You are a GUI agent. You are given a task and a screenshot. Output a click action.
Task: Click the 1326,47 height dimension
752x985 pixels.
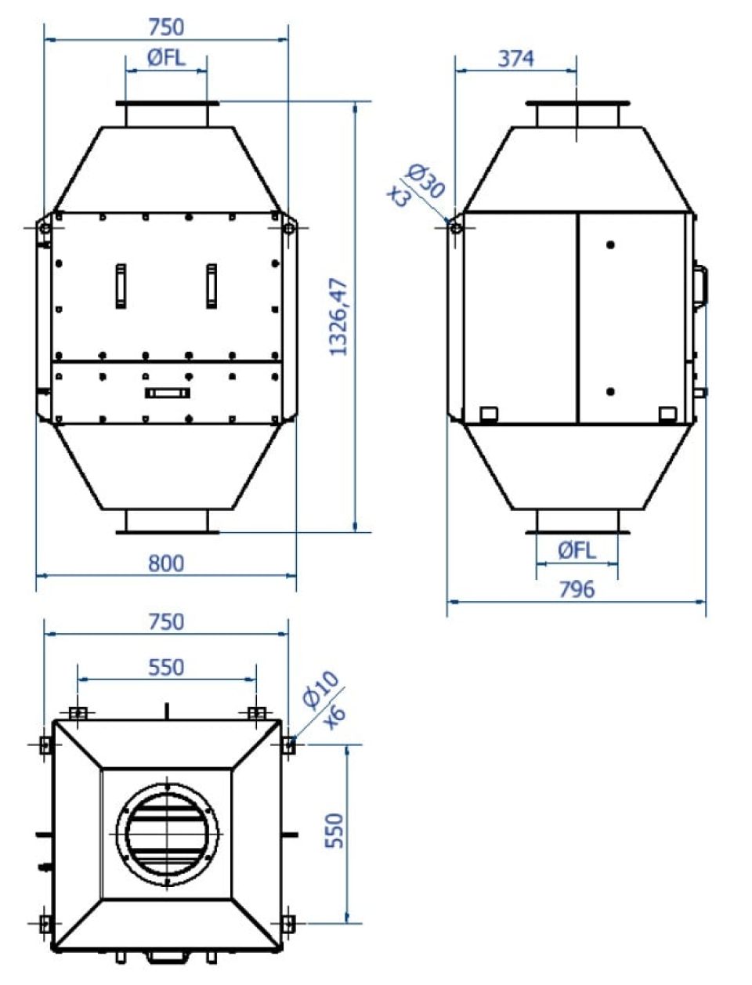click(338, 317)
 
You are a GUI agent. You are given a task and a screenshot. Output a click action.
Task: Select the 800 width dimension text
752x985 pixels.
click(166, 563)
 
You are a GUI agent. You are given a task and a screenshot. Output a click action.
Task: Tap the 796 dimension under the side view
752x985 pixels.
click(577, 589)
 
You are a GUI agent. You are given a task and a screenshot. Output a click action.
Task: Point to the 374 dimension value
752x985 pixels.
click(515, 59)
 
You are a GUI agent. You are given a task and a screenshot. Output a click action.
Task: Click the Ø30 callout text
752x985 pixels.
click(425, 180)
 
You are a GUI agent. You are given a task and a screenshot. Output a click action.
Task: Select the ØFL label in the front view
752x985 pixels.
click(166, 58)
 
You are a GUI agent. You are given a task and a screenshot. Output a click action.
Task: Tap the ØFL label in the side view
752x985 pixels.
click(577, 550)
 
